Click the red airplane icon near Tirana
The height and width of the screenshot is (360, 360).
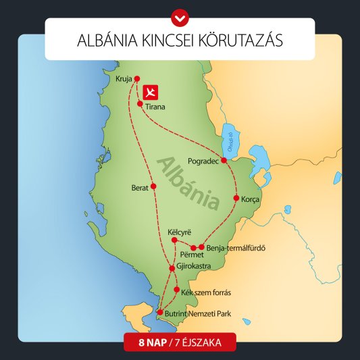point(151,91)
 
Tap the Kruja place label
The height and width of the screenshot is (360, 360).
point(124,78)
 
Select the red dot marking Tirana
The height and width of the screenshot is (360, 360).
point(140,103)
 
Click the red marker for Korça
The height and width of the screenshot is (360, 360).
point(236,199)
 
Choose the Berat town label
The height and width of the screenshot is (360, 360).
point(140,187)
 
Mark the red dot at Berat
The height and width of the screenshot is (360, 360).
point(154,186)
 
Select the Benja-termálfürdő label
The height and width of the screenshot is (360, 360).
point(235,247)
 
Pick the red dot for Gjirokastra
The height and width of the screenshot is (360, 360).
point(172,269)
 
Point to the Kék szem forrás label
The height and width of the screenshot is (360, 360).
point(206,292)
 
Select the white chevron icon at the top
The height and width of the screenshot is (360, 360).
point(180,14)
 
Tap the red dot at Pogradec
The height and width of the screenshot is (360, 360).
point(224,160)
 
